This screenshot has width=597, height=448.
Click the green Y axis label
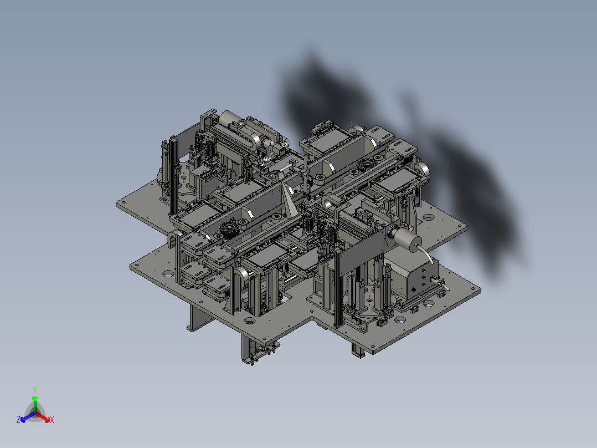(x=35, y=390)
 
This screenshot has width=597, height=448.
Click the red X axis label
(x=52, y=420)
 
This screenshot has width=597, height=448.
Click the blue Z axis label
(x=18, y=419)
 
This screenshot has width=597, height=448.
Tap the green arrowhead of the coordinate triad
(x=35, y=399)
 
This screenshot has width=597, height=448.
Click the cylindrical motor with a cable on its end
(x=406, y=238)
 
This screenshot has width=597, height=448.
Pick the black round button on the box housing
(x=414, y=291)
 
